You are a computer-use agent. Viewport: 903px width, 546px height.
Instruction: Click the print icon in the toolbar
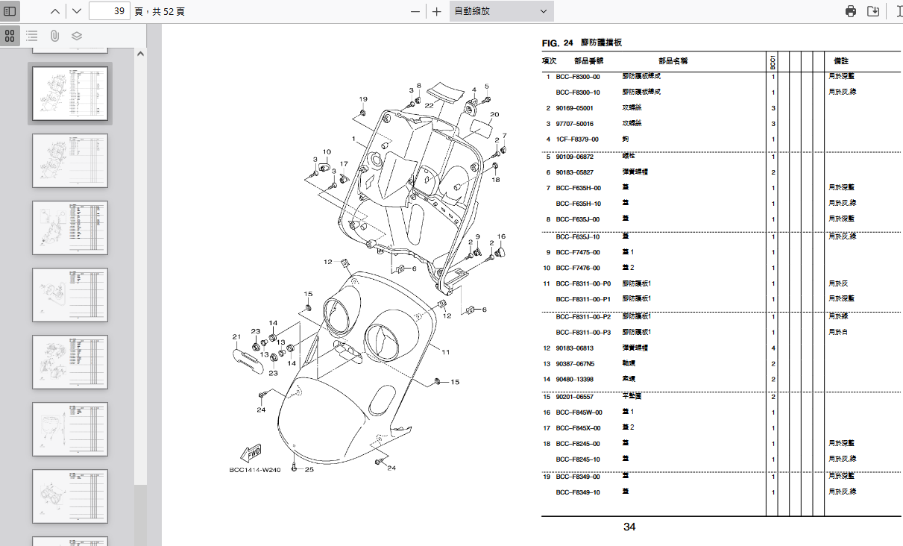point(851,11)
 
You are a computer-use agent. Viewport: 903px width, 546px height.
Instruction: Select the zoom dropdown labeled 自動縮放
point(501,11)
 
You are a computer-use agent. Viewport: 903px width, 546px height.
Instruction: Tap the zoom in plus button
point(437,11)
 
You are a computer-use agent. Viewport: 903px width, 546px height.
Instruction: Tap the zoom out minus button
point(415,11)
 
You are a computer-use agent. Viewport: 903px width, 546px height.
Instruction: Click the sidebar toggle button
point(10,11)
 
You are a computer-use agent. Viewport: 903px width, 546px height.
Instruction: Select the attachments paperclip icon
point(54,35)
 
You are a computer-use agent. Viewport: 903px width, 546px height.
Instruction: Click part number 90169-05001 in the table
point(574,108)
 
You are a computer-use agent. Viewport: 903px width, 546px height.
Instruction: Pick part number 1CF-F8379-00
point(576,139)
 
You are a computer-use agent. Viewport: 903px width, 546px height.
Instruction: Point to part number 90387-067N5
point(575,364)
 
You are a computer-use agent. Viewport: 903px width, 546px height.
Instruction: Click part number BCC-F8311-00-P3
point(582,333)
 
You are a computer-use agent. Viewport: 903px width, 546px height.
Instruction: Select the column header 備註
point(840,61)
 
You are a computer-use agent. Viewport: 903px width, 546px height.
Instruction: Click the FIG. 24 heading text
point(557,43)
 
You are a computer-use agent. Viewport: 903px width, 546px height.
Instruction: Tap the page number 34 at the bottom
point(629,527)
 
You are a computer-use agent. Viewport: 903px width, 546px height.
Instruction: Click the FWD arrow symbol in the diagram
point(249,454)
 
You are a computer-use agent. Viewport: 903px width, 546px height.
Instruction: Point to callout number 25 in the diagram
point(309,470)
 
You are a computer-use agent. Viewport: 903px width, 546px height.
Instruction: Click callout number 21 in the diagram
point(236,337)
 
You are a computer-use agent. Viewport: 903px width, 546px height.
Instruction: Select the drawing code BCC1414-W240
point(254,470)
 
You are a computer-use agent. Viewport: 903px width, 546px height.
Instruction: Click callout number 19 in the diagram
point(363,99)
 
